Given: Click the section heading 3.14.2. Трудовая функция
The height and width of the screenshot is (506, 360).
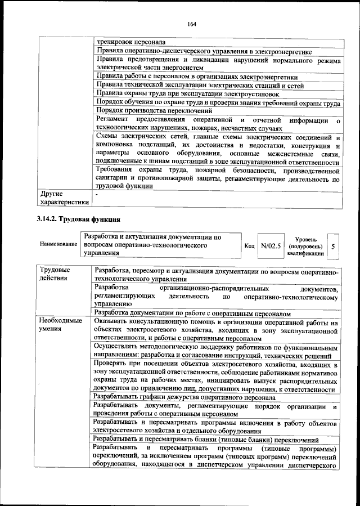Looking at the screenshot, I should (x=76, y=218).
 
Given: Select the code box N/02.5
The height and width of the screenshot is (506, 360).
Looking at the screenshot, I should (x=271, y=247).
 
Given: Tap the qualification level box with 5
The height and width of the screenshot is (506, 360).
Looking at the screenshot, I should (x=333, y=247).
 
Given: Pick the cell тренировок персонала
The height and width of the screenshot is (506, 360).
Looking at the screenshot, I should (x=130, y=42).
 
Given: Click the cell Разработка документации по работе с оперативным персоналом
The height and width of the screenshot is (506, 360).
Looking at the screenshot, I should (x=192, y=312).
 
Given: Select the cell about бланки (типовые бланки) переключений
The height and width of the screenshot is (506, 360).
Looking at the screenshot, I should (x=206, y=440).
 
